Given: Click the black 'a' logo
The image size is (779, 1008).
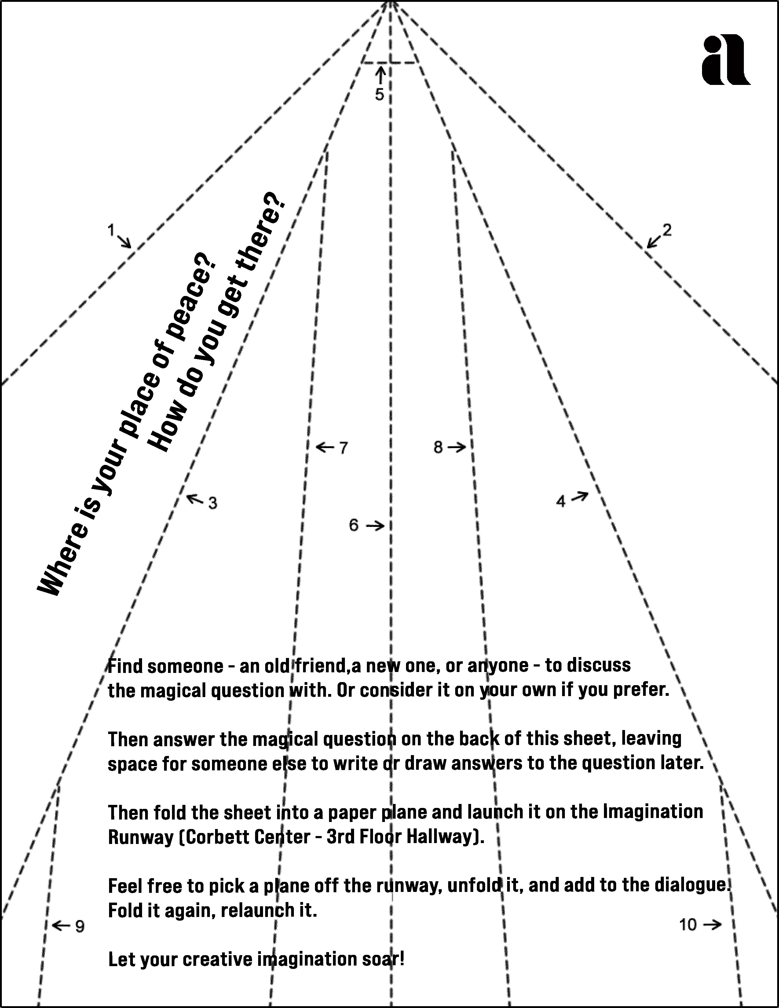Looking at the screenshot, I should [726, 60].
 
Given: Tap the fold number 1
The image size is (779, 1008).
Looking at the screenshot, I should [111, 229].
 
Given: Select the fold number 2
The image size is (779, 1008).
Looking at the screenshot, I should [667, 229].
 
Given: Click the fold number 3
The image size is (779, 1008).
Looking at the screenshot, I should [212, 503].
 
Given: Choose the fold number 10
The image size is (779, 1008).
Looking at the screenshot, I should [688, 925].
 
